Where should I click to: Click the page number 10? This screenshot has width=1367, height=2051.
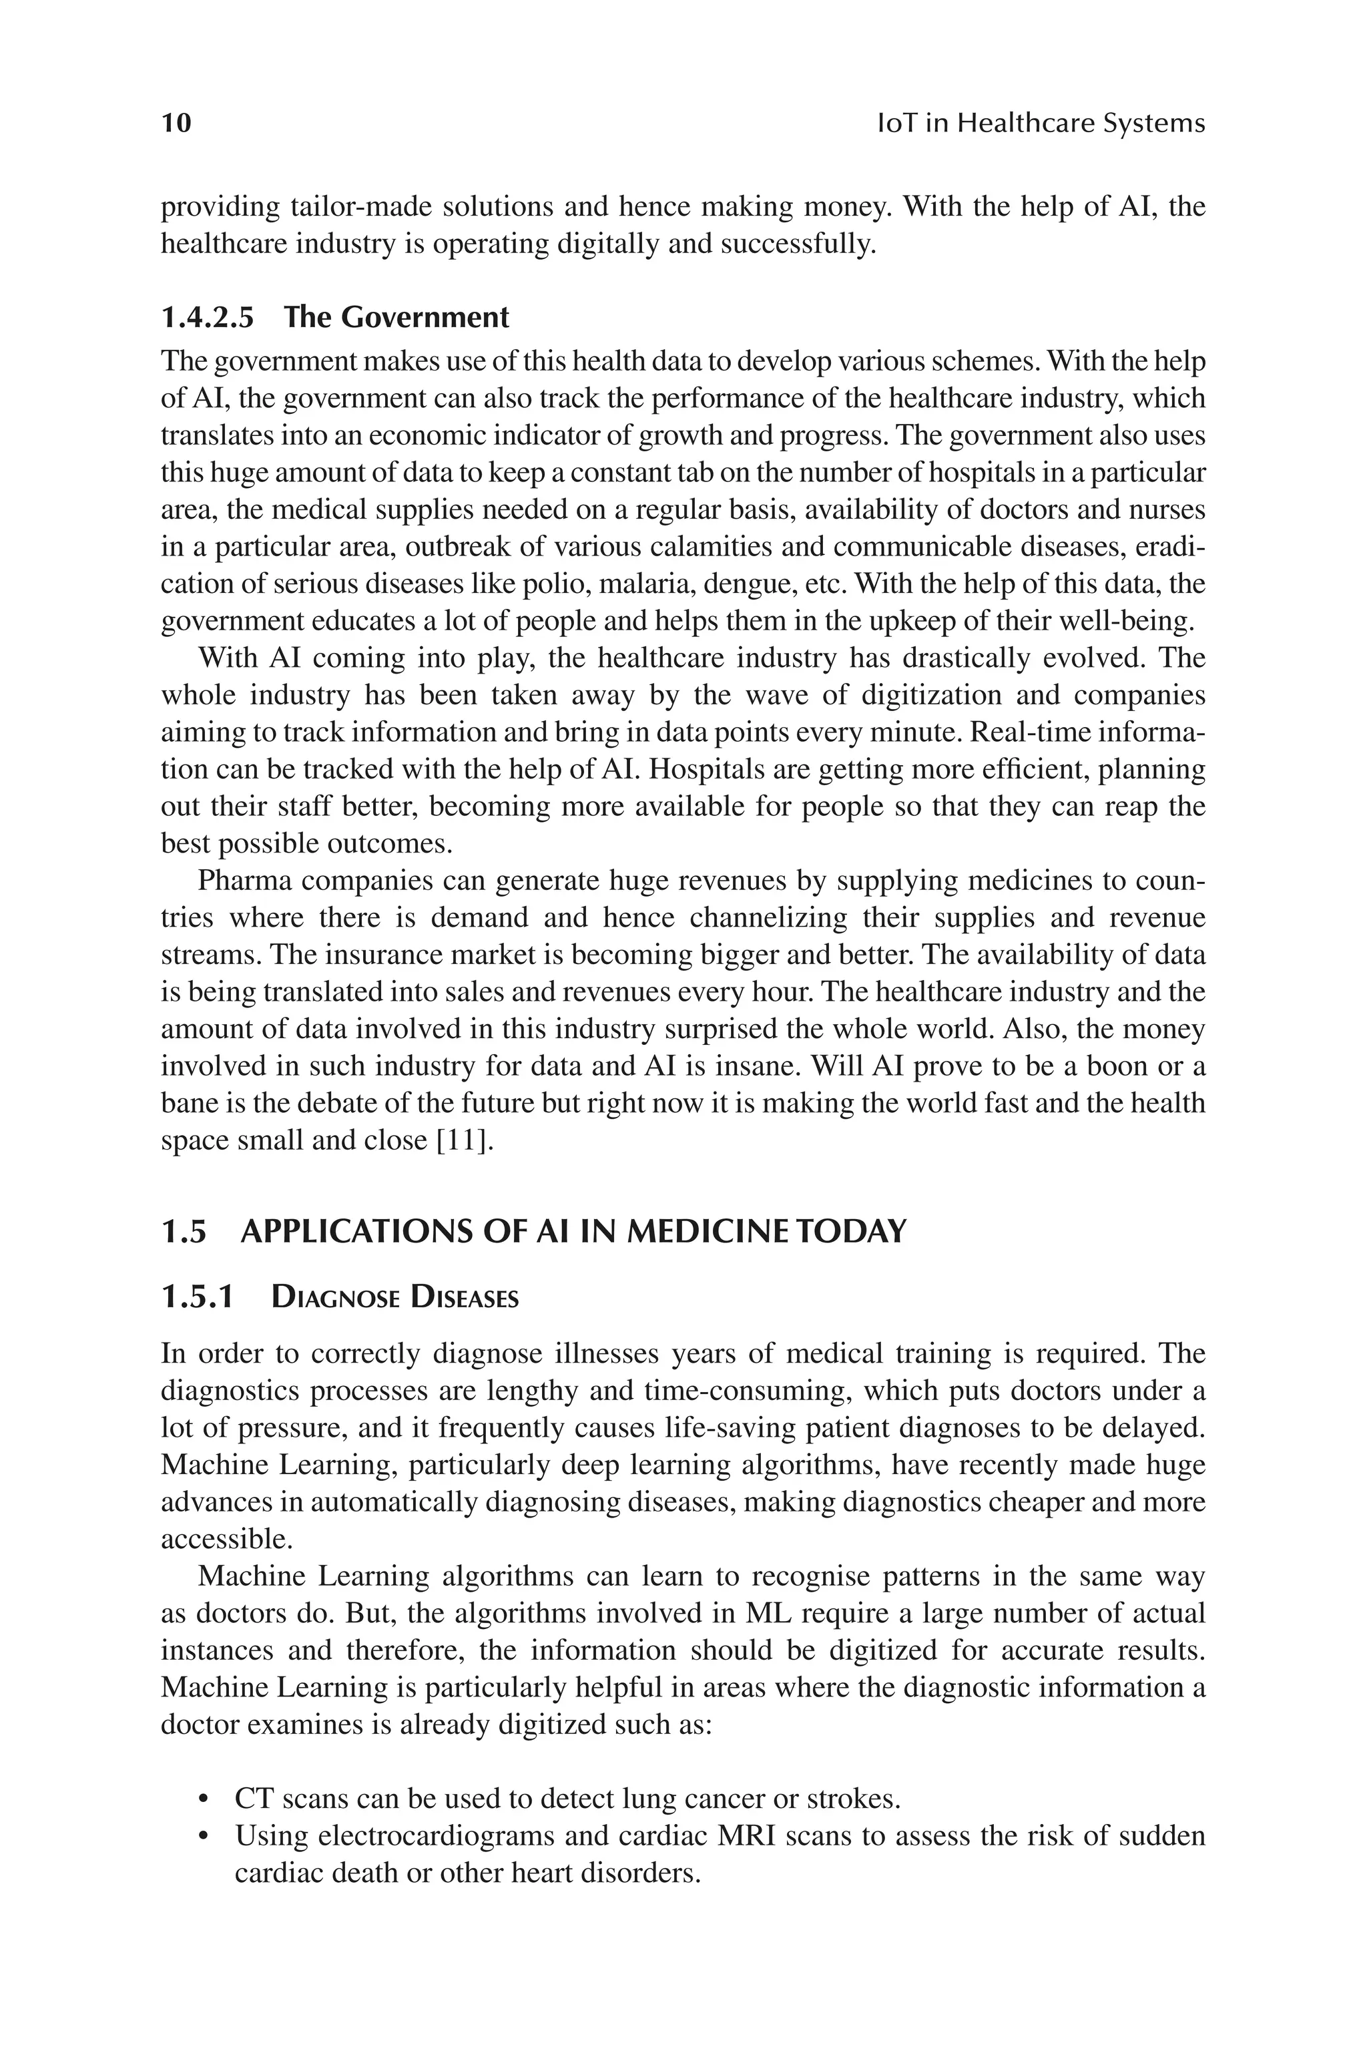[x=176, y=123]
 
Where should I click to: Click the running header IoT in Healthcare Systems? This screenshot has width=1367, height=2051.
[x=1040, y=123]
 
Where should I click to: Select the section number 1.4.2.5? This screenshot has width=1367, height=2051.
[x=208, y=317]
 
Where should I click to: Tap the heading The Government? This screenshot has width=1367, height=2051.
[x=396, y=317]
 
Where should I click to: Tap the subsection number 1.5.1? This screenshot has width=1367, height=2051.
[x=197, y=1298]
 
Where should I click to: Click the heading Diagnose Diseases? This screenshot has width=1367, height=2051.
[x=395, y=1298]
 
